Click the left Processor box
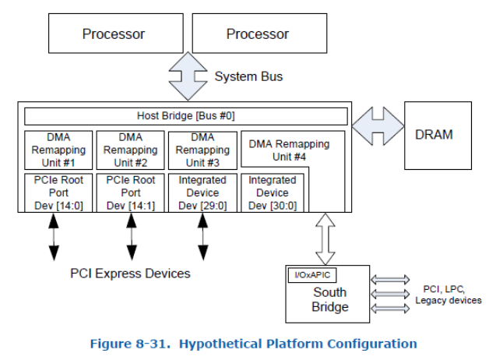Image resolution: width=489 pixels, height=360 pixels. click(x=114, y=34)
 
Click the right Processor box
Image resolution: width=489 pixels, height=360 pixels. click(x=258, y=34)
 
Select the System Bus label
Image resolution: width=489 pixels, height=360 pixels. click(x=249, y=76)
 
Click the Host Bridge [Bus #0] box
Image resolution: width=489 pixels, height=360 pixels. click(x=185, y=116)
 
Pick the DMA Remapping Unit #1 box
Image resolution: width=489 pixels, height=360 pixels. click(x=58, y=150)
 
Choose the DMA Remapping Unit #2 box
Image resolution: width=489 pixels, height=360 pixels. click(x=130, y=150)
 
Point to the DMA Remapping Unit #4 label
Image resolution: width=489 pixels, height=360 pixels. click(x=289, y=150)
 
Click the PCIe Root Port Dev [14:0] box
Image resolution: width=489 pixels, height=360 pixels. click(x=58, y=192)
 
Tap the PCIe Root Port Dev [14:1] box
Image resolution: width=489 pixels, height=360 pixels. click(x=130, y=192)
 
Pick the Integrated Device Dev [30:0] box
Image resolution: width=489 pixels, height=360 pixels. click(x=273, y=192)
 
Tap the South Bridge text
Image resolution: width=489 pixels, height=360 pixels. click(x=329, y=300)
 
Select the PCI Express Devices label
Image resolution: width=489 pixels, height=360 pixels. click(x=131, y=274)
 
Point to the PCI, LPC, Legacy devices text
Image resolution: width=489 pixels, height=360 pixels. click(x=448, y=295)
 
